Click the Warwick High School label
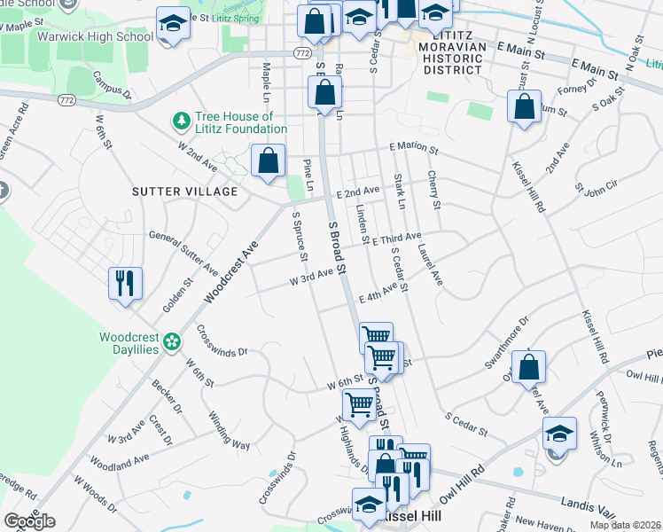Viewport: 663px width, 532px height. pyautogui.click(x=95, y=37)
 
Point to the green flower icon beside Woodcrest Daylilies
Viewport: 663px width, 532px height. pyautogui.click(x=173, y=340)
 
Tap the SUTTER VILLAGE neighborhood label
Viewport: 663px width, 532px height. pyautogui.click(x=184, y=192)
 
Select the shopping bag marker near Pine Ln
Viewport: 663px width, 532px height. pyautogui.click(x=268, y=162)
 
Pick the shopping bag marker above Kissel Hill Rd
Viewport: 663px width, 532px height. pyautogui.click(x=524, y=107)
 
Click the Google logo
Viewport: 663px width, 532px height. pyautogui.click(x=29, y=521)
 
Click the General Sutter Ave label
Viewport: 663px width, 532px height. pyautogui.click(x=183, y=252)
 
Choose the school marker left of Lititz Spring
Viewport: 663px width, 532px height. pyautogui.click(x=173, y=24)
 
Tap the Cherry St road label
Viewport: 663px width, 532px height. pyautogui.click(x=433, y=191)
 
